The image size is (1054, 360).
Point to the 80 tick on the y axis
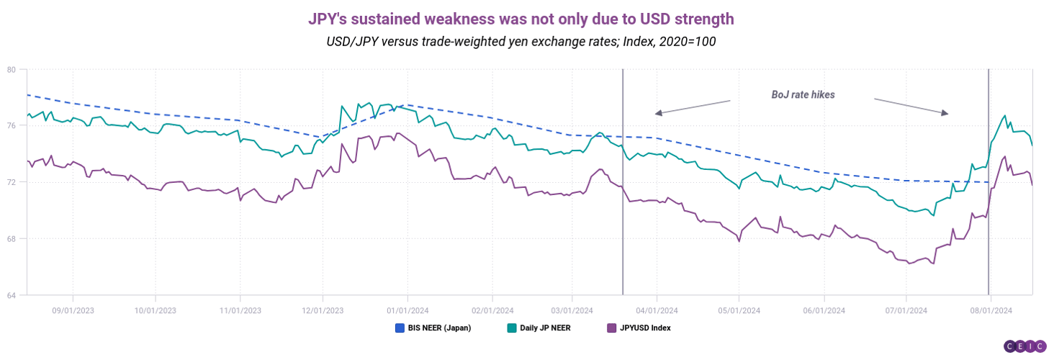tap(12, 70)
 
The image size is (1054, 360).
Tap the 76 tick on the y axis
tap(12, 126)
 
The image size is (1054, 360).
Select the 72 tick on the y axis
tap(12, 182)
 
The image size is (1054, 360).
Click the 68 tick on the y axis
tap(12, 238)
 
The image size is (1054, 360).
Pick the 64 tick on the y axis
tap(12, 294)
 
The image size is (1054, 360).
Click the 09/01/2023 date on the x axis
tap(73, 310)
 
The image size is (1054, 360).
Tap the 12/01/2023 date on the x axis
tap(323, 310)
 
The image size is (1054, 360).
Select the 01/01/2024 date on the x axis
tap(407, 310)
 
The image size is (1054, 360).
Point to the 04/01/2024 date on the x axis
tap(657, 310)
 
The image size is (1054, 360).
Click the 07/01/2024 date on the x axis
tap(906, 310)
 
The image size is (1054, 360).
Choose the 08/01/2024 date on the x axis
tap(991, 310)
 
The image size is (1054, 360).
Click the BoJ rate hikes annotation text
tap(803, 94)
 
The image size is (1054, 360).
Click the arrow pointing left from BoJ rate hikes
tap(692, 107)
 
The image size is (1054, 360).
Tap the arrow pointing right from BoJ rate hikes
tap(912, 106)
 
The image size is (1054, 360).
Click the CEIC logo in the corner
tap(1024, 346)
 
